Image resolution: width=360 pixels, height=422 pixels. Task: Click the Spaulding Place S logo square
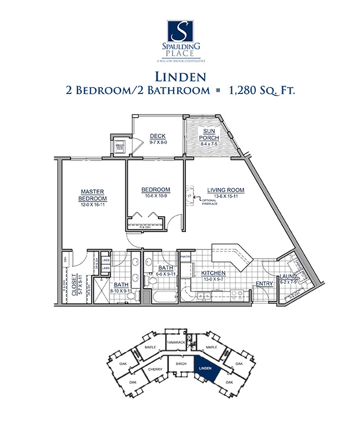179,31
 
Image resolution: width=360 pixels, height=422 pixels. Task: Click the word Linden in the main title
179,76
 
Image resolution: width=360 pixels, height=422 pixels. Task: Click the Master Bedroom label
93,195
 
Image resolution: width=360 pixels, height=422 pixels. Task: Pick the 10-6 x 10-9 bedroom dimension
156,195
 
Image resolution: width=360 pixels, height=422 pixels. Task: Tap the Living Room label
225,190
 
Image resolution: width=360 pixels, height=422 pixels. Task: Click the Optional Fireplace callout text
210,203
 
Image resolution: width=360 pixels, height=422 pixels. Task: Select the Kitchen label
214,273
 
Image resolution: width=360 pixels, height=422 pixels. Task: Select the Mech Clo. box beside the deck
119,146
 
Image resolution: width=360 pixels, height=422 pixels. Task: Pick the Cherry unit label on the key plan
155,369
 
